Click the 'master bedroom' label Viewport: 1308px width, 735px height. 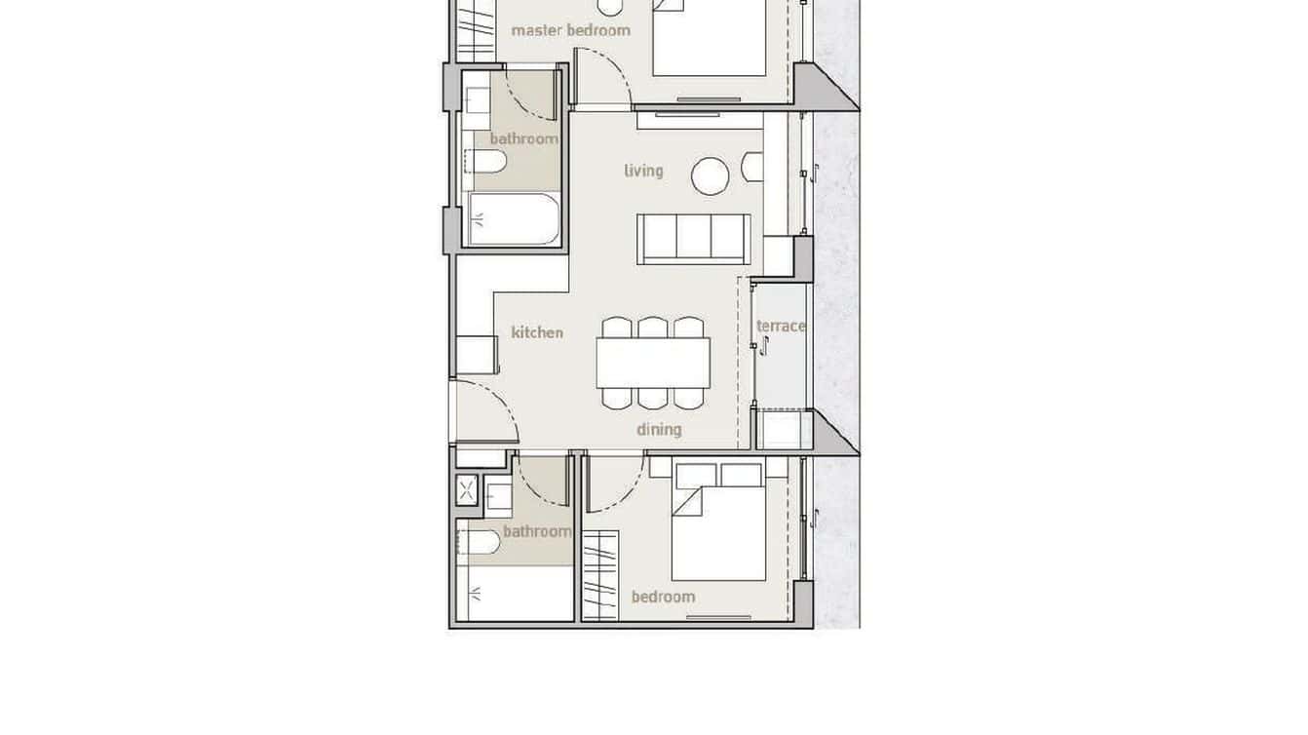(570, 30)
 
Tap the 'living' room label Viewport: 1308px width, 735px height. (643, 171)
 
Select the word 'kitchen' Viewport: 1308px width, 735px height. (537, 332)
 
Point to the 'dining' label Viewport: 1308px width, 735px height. (659, 429)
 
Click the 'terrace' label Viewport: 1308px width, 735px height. (781, 326)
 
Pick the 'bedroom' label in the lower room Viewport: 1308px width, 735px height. (663, 597)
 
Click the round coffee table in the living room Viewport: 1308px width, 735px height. (711, 176)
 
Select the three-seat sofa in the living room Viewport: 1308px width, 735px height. (694, 239)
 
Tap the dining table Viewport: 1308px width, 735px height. (653, 363)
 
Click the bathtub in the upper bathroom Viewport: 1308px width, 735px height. (514, 219)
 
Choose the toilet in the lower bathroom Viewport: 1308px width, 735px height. (480, 541)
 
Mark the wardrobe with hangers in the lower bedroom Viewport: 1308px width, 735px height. (600, 575)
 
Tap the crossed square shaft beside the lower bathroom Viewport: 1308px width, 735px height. (467, 490)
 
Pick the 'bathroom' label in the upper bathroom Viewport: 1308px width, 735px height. (523, 138)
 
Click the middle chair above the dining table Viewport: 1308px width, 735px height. (653, 327)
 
